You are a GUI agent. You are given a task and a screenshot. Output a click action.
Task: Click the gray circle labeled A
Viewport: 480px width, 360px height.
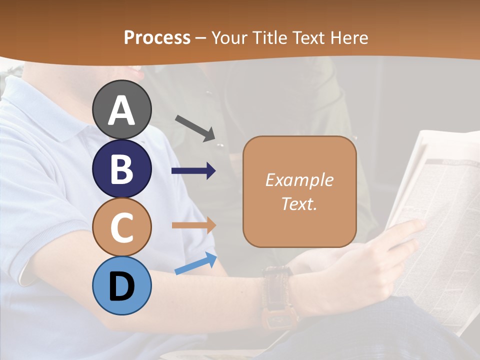pyautogui.click(x=122, y=109)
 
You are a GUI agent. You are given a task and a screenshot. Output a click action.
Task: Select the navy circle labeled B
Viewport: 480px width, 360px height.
pyautogui.click(x=122, y=168)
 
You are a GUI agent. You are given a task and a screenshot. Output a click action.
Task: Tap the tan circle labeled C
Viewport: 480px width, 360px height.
pyautogui.click(x=122, y=227)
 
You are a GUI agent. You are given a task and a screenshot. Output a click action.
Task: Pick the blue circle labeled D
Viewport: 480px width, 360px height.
pyautogui.click(x=122, y=285)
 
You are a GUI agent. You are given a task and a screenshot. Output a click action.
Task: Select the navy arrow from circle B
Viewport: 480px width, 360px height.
pyautogui.click(x=193, y=171)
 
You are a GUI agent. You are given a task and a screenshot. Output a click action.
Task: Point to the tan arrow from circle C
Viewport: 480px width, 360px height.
pyautogui.click(x=193, y=225)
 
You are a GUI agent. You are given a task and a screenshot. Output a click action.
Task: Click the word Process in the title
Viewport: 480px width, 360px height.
pyautogui.click(x=157, y=37)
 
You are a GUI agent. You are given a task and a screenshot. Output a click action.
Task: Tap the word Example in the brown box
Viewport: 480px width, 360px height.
pyautogui.click(x=299, y=180)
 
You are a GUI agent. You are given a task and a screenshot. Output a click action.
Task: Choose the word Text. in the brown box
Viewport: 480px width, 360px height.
pyautogui.click(x=299, y=203)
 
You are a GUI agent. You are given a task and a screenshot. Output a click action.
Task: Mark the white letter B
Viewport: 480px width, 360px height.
pyautogui.click(x=122, y=169)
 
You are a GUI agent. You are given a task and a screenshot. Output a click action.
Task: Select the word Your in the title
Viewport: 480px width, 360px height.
pyautogui.click(x=227, y=37)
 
